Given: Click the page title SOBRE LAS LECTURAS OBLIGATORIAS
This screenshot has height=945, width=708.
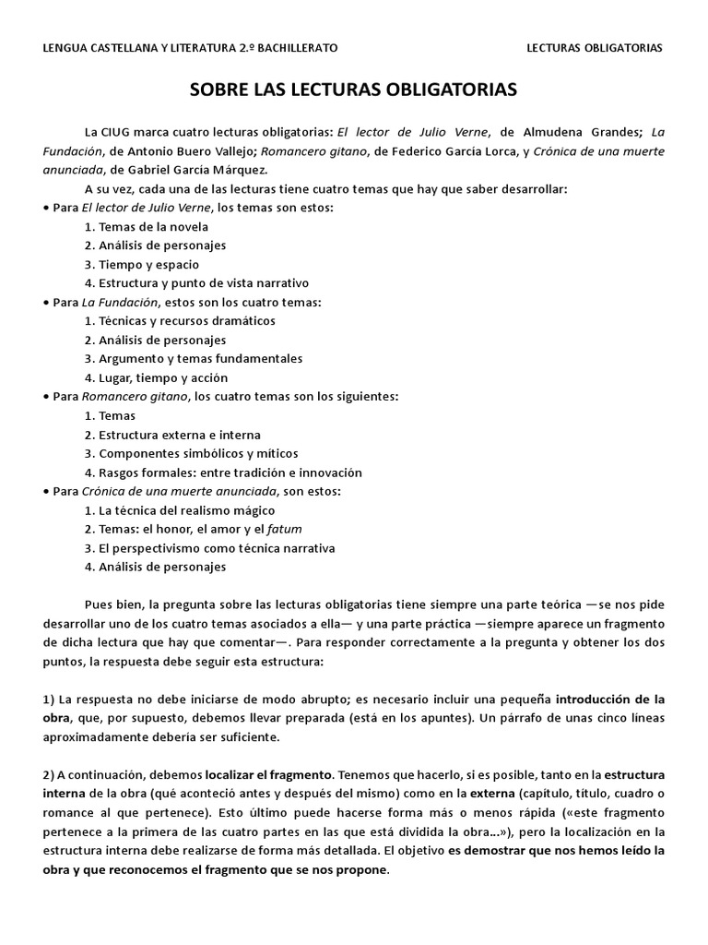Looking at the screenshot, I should click(354, 90).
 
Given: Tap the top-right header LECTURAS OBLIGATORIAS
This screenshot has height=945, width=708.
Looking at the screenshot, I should click(594, 47).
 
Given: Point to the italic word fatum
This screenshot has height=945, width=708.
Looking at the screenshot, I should click(285, 529).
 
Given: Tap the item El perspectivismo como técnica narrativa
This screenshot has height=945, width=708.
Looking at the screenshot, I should click(209, 548).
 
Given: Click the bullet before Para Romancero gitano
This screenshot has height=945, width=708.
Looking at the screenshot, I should click(46, 397).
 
